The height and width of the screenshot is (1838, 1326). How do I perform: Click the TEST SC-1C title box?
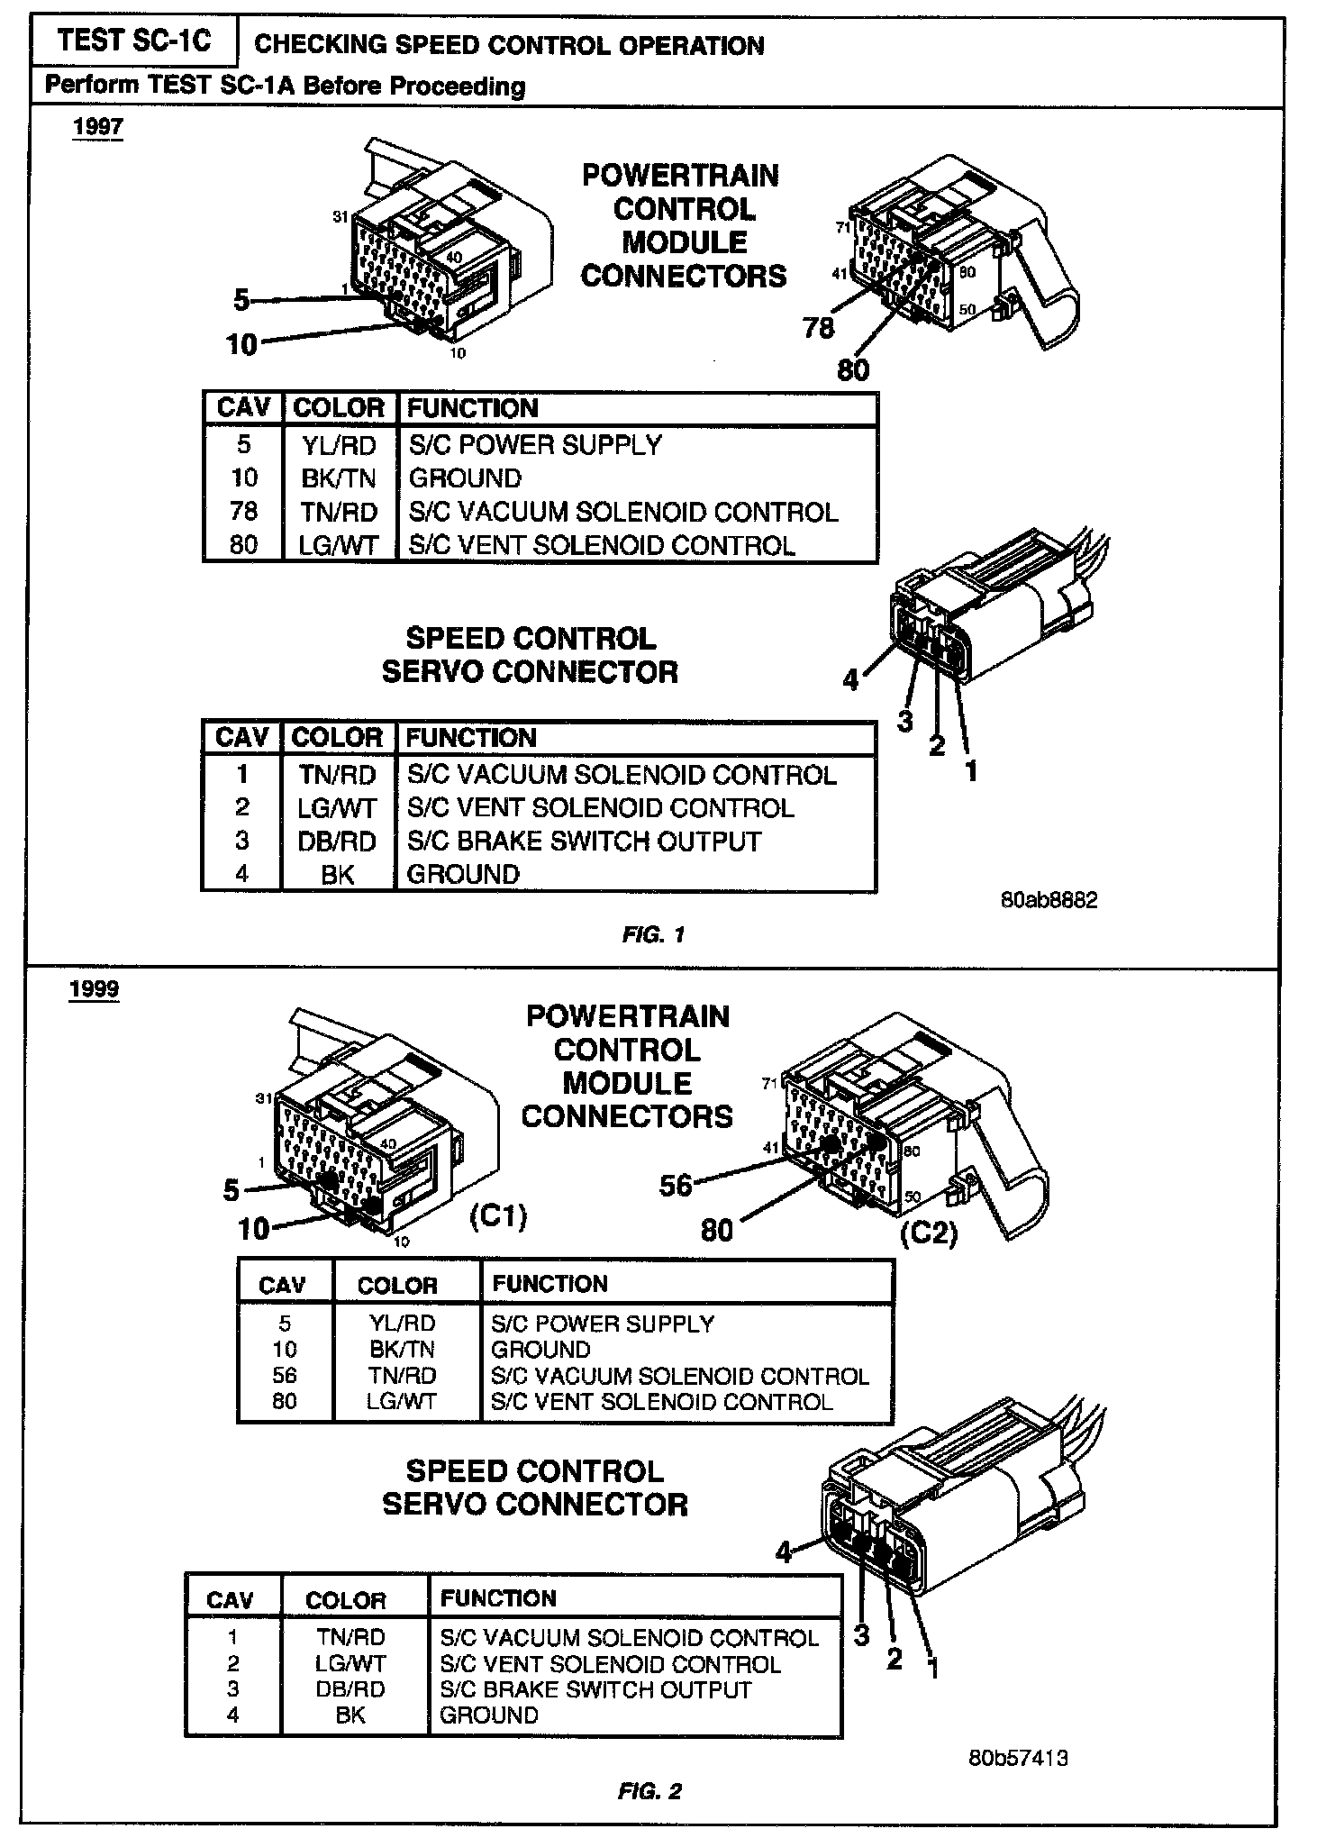coord(133,41)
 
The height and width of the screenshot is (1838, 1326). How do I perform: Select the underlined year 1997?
coord(97,126)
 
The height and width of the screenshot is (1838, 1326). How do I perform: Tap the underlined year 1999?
coord(94,989)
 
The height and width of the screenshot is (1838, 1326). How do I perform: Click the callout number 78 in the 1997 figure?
coord(818,328)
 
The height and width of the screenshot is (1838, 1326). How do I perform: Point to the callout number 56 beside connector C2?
coord(675,1186)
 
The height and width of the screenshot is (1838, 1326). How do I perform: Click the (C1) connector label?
coord(498,1216)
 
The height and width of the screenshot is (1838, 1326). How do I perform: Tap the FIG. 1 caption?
coord(653,935)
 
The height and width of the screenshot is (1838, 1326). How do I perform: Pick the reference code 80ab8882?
coord(1049,901)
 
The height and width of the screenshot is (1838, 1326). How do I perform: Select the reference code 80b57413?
coord(1019,1758)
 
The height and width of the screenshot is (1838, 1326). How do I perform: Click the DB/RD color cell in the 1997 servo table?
coord(337,842)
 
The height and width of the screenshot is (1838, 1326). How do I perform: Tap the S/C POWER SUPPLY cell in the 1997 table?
coord(535,445)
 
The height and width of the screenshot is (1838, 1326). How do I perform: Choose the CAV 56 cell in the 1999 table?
coord(284,1376)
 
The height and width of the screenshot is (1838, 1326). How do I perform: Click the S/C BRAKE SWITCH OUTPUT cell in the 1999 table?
coord(595,1689)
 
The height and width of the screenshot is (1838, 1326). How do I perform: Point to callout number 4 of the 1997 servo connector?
coord(850,680)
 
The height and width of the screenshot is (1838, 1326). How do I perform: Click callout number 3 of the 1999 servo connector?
coord(861,1635)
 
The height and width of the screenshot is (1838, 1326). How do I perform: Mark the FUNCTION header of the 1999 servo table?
coord(498,1598)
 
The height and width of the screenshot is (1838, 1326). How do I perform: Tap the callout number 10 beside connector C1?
coord(253,1229)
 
